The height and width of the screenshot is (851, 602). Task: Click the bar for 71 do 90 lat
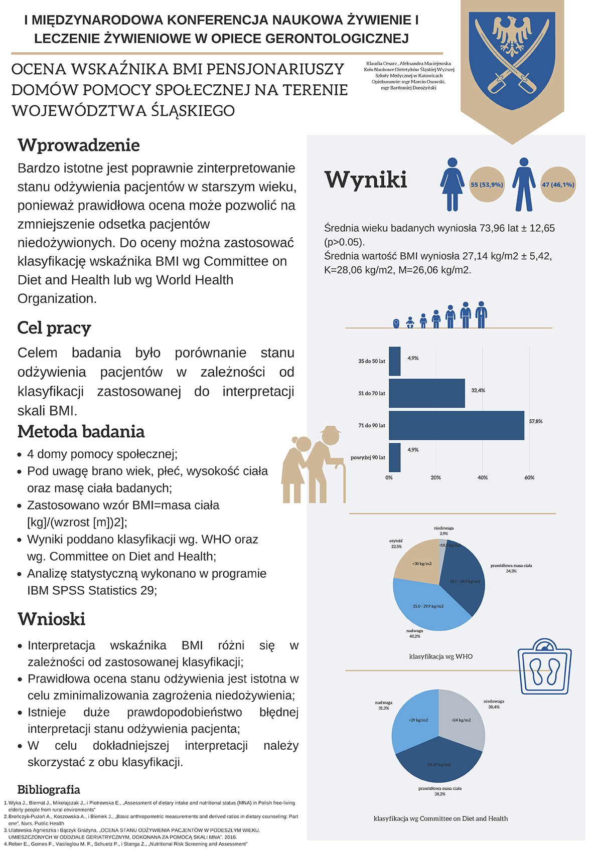(x=457, y=426)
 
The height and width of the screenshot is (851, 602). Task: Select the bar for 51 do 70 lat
(x=427, y=394)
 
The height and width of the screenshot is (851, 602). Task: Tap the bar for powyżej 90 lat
(x=395, y=457)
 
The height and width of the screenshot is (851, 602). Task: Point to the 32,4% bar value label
(x=478, y=390)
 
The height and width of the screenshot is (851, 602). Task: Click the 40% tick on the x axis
(x=483, y=478)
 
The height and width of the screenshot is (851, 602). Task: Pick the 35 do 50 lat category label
(x=372, y=361)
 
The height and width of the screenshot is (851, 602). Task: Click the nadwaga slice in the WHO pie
(x=426, y=604)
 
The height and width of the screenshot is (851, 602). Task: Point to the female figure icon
(x=452, y=184)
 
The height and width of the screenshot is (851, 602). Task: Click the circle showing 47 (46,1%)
(x=558, y=185)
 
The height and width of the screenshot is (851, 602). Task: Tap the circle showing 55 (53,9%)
(x=487, y=185)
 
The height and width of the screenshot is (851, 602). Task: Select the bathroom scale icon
(x=544, y=667)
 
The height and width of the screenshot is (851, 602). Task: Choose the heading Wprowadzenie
(x=79, y=145)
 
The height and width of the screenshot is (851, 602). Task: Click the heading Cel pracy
(x=54, y=328)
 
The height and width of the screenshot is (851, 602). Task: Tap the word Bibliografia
(x=49, y=790)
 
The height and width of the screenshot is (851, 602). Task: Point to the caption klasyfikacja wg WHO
(x=441, y=656)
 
